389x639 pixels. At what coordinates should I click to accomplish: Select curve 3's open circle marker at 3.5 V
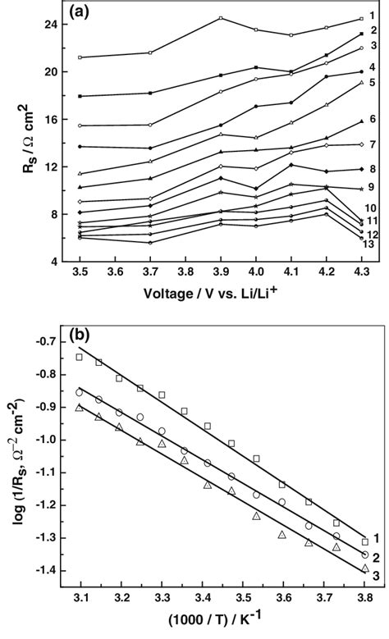pos(80,126)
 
